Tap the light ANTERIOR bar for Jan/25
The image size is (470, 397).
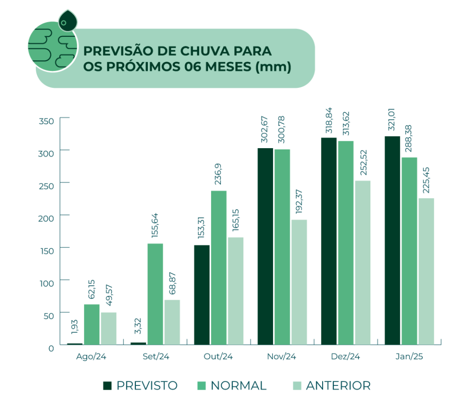[426, 271]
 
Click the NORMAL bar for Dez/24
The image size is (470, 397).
[346, 242]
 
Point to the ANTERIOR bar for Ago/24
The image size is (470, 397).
[109, 328]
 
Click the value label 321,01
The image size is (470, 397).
[392, 119]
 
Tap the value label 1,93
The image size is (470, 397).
[75, 327]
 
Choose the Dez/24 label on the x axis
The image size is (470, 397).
[345, 357]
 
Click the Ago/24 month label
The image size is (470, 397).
[91, 357]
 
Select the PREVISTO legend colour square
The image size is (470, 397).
[107, 385]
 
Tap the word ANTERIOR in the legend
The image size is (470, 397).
[338, 385]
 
